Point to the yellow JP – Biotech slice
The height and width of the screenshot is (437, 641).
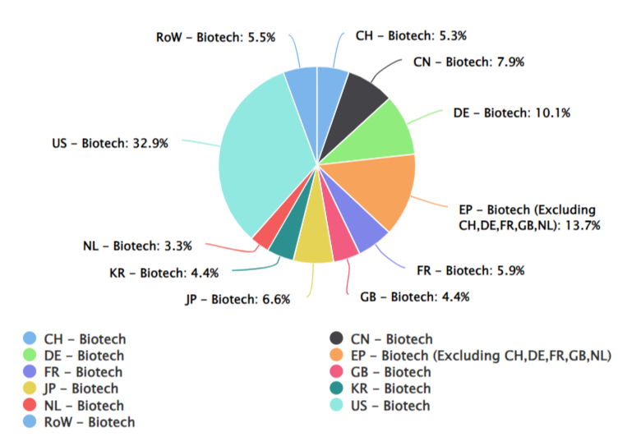313,244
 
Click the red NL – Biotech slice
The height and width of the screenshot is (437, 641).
265,237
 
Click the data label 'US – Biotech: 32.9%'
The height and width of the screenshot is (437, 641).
109,143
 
